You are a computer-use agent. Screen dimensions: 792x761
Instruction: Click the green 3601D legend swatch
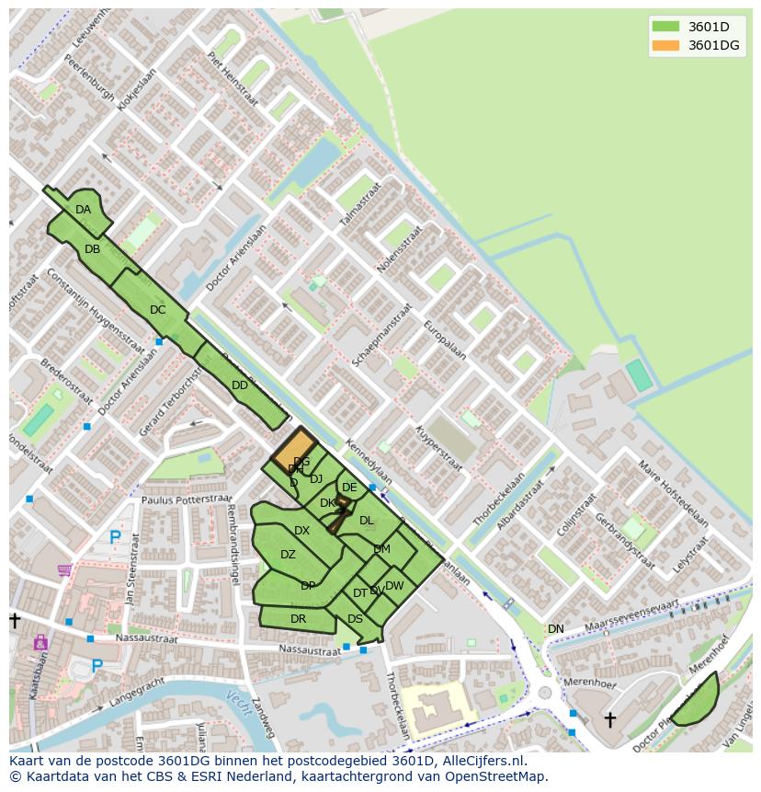[x=665, y=26]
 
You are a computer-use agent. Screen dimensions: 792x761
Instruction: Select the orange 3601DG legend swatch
[x=665, y=45]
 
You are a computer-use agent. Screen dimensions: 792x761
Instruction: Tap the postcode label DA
[x=84, y=210]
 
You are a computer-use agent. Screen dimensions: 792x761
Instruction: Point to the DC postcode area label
[x=157, y=310]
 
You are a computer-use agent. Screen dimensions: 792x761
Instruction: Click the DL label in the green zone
[x=367, y=521]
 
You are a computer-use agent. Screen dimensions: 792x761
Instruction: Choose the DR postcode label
[x=298, y=619]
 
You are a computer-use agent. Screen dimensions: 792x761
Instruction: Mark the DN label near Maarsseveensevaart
[x=556, y=629]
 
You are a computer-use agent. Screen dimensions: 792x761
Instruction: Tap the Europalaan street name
[x=445, y=340]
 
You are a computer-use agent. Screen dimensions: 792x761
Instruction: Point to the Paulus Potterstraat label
[x=187, y=499]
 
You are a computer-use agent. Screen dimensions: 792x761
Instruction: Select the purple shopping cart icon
[x=64, y=570]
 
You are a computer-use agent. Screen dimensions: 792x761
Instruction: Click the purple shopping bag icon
[x=40, y=643]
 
